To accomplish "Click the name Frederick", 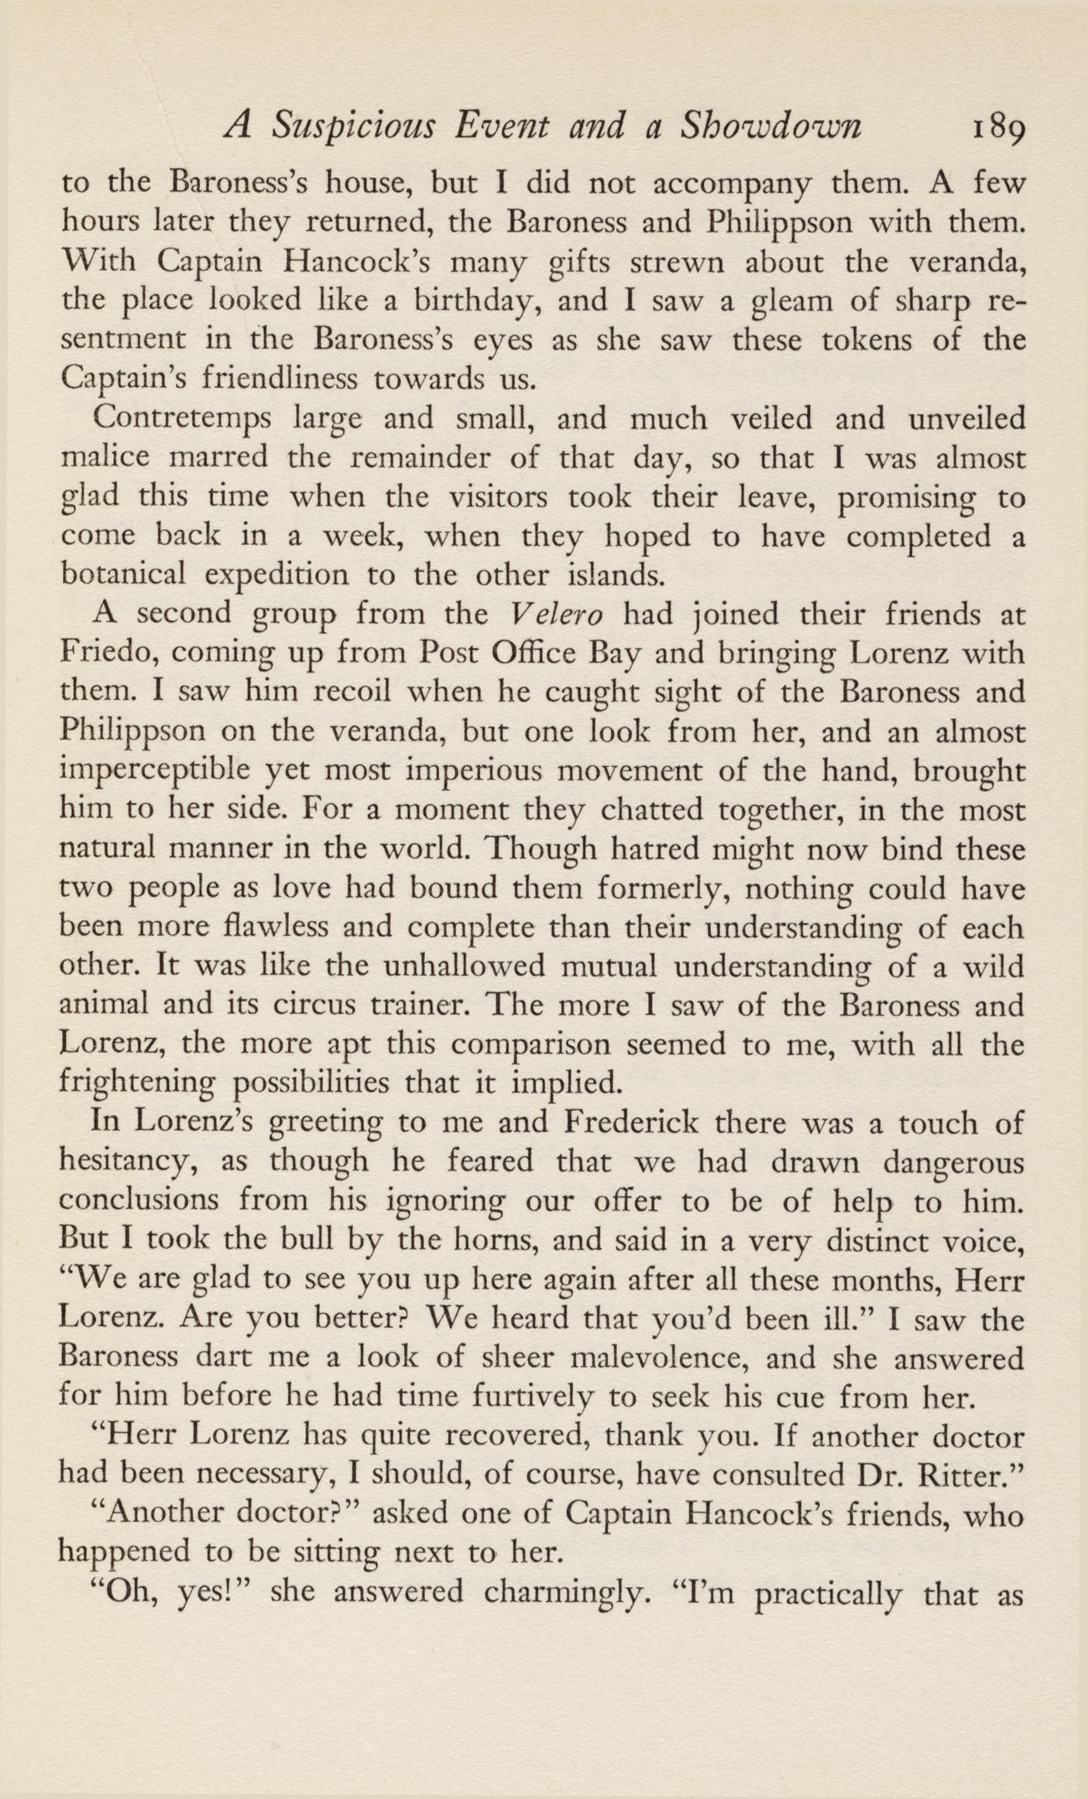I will pos(644,1123).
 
